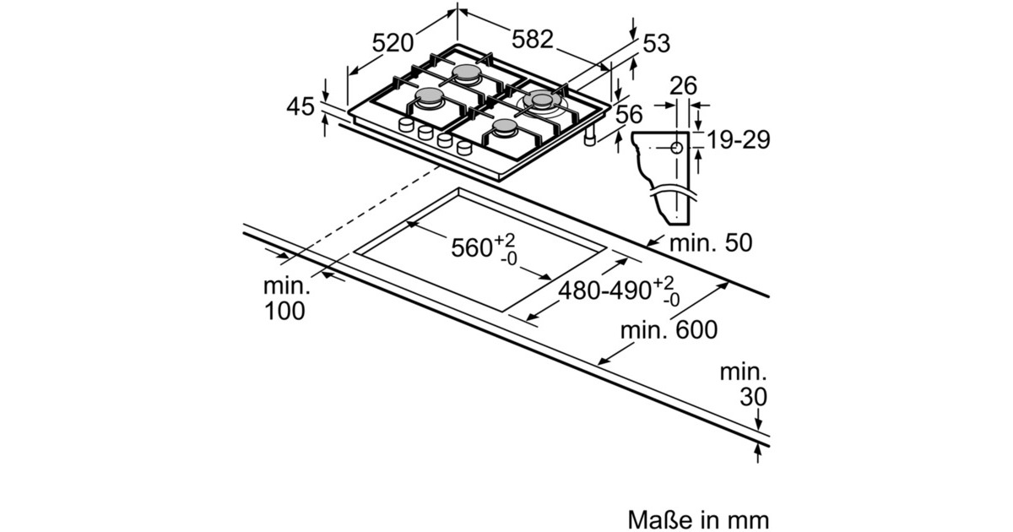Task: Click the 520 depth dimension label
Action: coord(393,43)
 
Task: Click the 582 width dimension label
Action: coord(533,40)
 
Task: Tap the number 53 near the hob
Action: coord(656,44)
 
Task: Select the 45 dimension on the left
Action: coord(301,106)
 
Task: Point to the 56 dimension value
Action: coord(629,115)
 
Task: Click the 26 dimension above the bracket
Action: coord(683,85)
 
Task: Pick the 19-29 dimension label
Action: coord(738,140)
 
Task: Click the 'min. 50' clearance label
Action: coord(711,243)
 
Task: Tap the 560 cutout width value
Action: coord(472,248)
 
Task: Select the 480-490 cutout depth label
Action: coord(605,290)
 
